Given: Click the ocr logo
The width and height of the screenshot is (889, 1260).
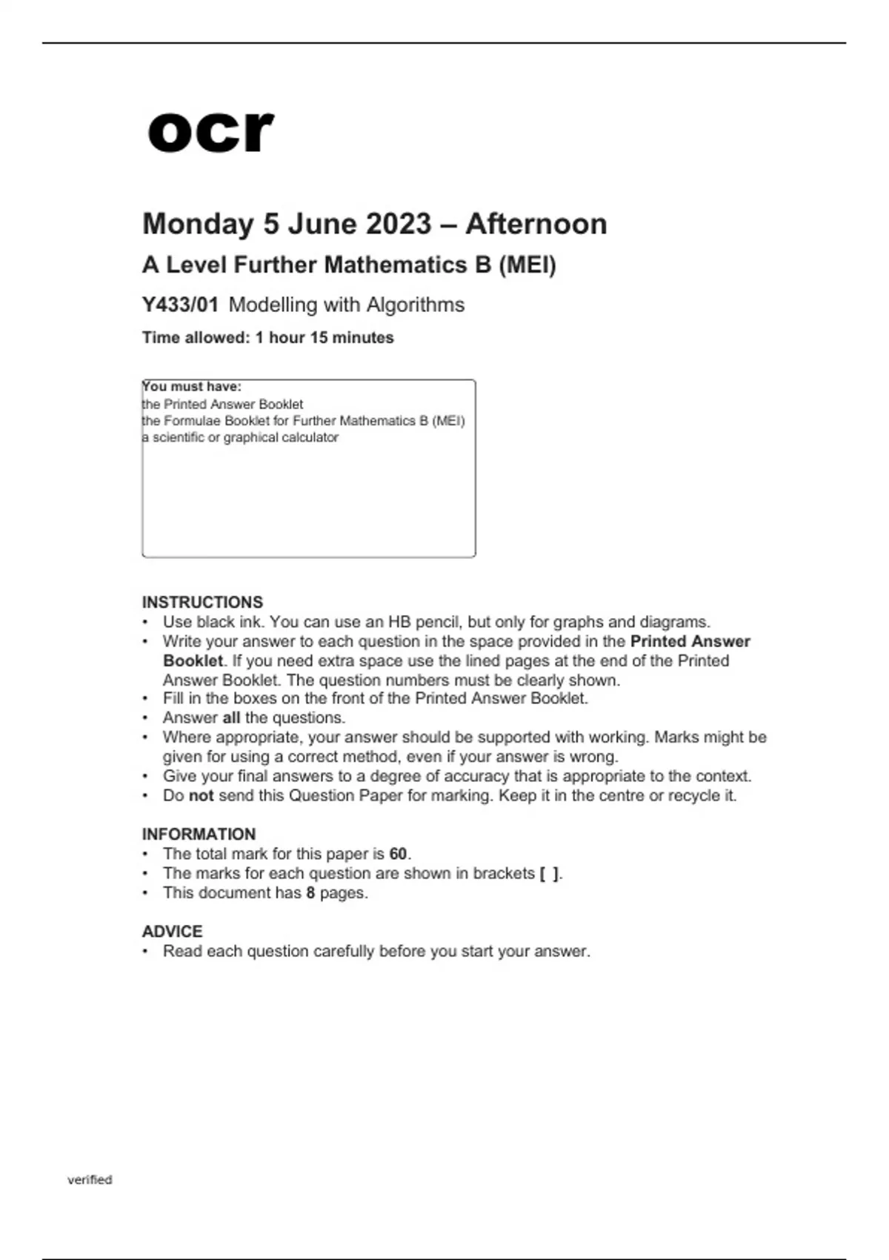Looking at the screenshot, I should pos(210,132).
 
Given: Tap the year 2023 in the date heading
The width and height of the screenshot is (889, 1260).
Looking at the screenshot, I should pos(398,224).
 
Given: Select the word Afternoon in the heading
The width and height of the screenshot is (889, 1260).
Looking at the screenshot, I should pos(536,224).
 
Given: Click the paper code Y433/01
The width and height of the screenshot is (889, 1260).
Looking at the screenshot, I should pos(180,305).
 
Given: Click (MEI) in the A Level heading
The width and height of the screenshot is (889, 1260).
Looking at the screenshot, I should pos(527,265).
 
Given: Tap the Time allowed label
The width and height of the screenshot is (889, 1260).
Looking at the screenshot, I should pos(196,337).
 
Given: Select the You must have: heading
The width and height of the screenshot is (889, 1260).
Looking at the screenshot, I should pos(192,387).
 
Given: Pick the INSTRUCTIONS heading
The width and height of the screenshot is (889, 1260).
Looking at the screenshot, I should pos(202,602).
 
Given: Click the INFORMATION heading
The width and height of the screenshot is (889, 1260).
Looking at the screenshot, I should pos(199,834).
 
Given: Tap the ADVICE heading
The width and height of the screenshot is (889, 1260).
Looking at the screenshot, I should pos(172,931).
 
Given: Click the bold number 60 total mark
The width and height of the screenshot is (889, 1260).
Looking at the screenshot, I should pos(398,854).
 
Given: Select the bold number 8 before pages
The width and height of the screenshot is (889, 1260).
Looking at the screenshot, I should pos(310,892).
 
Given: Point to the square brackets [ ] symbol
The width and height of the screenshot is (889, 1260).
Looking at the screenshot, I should pos(549,874).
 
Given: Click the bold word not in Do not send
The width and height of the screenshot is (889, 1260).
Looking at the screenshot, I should pos(201,795).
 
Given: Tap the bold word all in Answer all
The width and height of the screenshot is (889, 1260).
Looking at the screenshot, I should pos(231,717).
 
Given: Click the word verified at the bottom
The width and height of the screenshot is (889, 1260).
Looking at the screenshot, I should pos(90,1179).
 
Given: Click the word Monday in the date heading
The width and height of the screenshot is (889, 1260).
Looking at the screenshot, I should pos(198,224).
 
